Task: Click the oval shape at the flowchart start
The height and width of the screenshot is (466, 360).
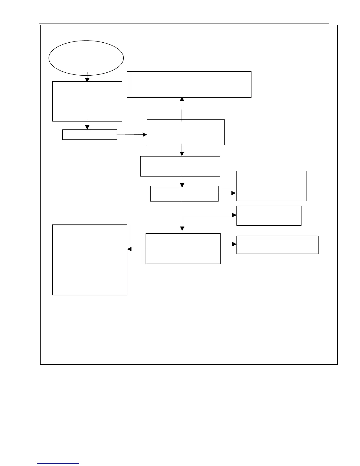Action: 86,58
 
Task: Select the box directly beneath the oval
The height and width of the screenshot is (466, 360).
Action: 87,101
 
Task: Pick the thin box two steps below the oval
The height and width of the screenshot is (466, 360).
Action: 90,134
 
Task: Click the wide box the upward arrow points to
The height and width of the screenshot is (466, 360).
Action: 189,84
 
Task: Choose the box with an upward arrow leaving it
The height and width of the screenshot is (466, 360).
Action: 186,132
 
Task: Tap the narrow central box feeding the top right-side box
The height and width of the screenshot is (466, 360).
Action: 184,194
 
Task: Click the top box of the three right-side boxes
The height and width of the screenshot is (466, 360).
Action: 271,186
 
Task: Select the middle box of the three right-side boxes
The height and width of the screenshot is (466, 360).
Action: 269,216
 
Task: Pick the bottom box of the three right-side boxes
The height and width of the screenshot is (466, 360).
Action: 277,244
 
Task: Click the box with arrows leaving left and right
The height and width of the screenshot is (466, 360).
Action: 183,249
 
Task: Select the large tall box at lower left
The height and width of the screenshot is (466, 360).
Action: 89,260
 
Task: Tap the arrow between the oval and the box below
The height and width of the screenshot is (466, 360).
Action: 87,77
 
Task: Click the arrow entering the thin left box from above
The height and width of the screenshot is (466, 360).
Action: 87,125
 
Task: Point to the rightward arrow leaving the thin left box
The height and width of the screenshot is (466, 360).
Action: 132,135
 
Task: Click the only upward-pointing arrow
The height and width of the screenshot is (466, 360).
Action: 182,108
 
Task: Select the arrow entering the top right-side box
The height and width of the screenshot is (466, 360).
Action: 227,193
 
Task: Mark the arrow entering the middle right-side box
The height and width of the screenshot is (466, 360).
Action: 209,215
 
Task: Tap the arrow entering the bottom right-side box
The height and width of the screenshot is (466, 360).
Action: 229,244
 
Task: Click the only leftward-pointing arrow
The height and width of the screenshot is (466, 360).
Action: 137,249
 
